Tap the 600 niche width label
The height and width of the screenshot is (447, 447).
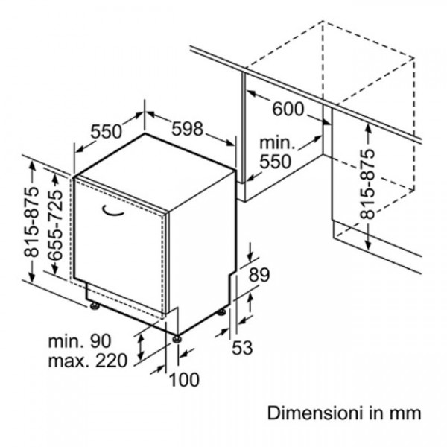(x=288, y=110)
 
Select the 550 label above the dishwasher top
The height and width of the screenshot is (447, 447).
(x=105, y=132)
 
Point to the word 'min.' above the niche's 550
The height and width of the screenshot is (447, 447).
(x=276, y=142)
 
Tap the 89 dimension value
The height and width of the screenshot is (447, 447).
(x=258, y=275)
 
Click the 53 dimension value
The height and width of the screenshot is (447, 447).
(x=243, y=346)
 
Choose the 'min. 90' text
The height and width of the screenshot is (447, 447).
(x=80, y=341)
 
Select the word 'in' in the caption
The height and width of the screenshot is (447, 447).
(x=380, y=412)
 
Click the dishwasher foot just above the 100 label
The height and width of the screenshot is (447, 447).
(x=177, y=337)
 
